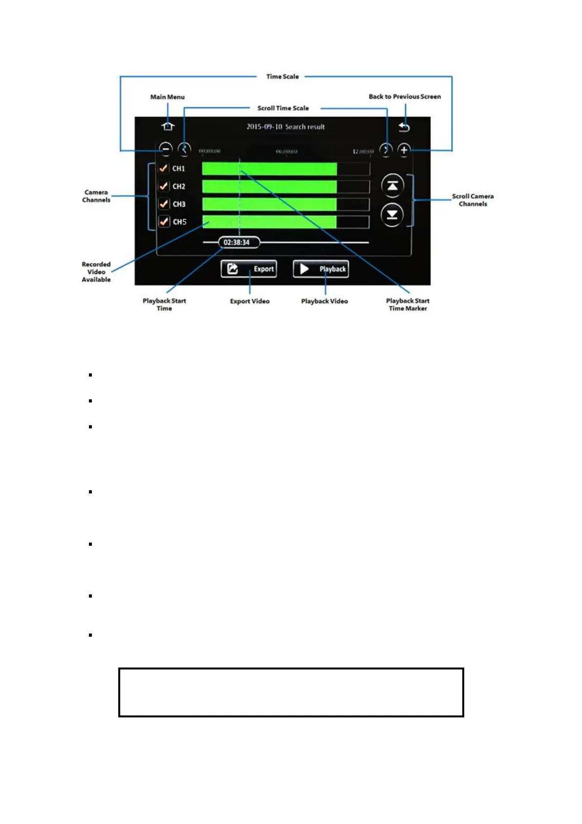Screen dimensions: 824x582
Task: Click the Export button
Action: (x=249, y=269)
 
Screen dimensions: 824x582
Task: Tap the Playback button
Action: (x=321, y=269)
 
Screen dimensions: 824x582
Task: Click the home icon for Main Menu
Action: (x=168, y=127)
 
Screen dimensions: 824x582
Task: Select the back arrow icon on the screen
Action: (x=404, y=127)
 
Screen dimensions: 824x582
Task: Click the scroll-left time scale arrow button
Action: (x=184, y=149)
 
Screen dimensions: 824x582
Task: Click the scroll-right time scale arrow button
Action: (x=386, y=150)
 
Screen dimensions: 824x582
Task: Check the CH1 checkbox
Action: (x=164, y=168)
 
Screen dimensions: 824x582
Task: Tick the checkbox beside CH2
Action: (x=164, y=186)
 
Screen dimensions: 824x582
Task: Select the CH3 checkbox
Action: (x=164, y=204)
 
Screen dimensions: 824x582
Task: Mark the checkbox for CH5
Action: (x=164, y=222)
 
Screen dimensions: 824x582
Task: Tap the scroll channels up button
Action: (x=392, y=186)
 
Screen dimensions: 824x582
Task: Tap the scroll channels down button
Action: (x=392, y=215)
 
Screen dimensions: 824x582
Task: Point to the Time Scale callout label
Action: (x=282, y=77)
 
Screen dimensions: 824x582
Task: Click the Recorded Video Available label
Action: (x=96, y=272)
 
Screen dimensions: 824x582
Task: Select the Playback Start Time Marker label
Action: (x=408, y=305)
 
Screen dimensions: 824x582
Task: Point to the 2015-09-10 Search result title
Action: (x=285, y=127)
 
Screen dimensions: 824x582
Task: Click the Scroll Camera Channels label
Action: (x=473, y=200)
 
